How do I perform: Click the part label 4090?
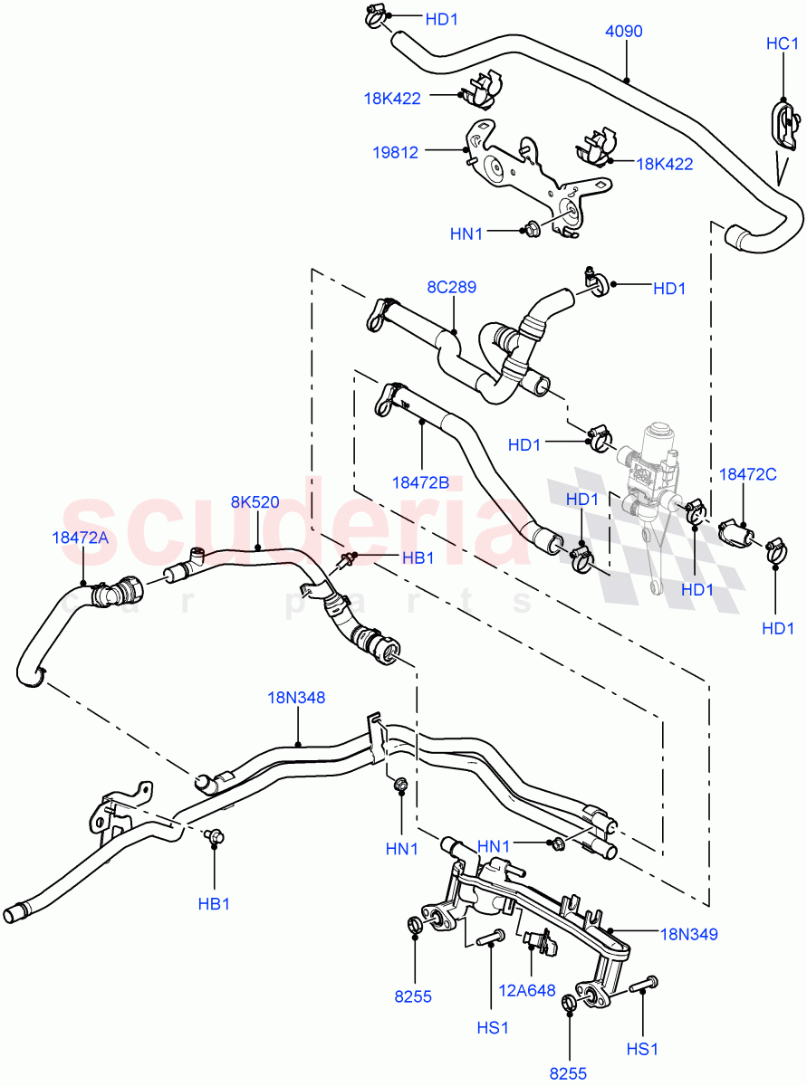coord(623,32)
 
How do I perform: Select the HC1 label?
coord(782,43)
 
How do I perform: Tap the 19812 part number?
coord(395,153)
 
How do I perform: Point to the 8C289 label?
coord(452,288)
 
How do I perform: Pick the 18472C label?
coord(743,473)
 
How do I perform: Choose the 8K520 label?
coord(255,502)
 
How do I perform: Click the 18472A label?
coord(80,538)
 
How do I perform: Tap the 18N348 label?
coord(296,698)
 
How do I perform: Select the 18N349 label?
coord(688,934)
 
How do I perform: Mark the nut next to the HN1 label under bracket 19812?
coord(531,228)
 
